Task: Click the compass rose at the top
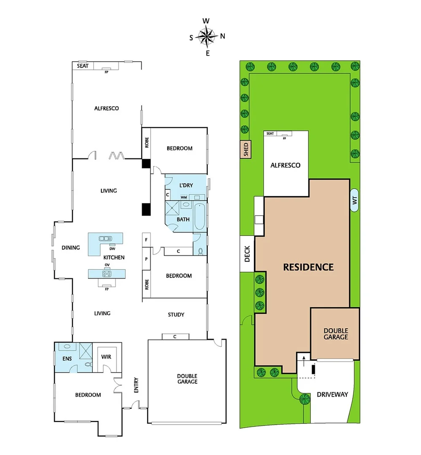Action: pos(207,36)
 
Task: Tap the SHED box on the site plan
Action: pos(246,150)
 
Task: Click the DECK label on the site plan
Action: pos(247,254)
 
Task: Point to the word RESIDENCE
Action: pos(308,267)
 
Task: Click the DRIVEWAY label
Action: pos(332,394)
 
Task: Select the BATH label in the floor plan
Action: pos(183,219)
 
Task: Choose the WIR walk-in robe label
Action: pos(106,357)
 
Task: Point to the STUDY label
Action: pos(176,315)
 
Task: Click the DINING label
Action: pos(70,248)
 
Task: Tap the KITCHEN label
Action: pos(114,257)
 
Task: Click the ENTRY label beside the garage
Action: pos(136,388)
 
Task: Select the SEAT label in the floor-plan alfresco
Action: pos(82,66)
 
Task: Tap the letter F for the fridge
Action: pos(146,239)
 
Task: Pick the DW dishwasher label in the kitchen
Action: pos(112,248)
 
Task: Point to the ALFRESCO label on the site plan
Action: pos(286,165)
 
